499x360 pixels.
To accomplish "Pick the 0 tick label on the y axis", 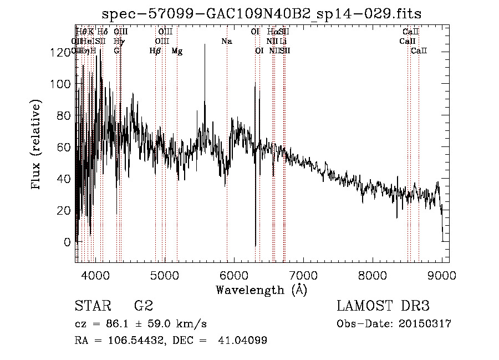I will coord(67,242).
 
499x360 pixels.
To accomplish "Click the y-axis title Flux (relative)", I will coord(37,145).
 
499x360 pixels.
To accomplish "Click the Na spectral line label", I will coord(226,42).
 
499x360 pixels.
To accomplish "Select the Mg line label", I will coord(177,51).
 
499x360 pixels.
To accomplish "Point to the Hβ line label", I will coord(155,51).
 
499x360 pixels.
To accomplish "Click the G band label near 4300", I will coord(116,51).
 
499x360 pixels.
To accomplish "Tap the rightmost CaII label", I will coord(419,51).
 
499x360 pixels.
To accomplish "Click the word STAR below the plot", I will coord(90,306).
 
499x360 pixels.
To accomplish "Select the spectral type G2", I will coord(143,306).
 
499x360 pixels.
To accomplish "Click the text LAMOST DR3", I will coord(383,306).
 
